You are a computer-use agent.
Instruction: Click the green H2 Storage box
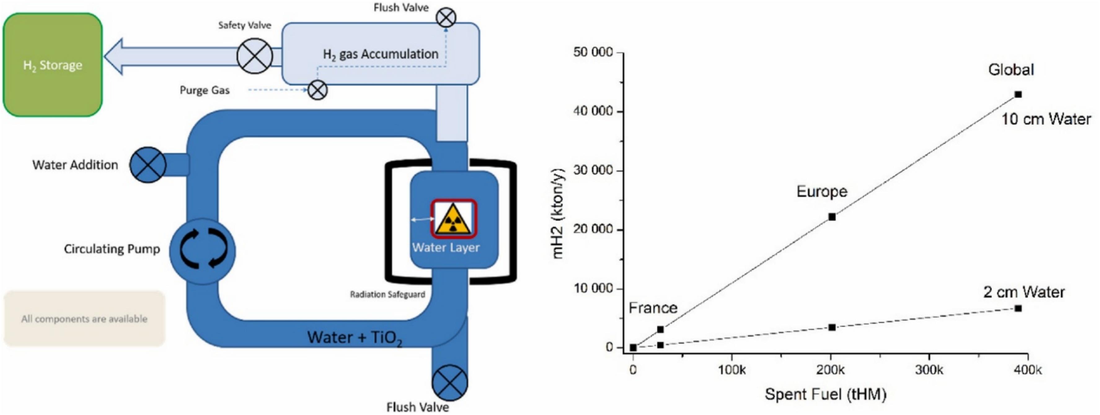pyautogui.click(x=52, y=65)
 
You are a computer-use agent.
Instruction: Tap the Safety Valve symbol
pyautogui.click(x=254, y=56)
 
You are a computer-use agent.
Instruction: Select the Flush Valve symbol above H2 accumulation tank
pyautogui.click(x=446, y=18)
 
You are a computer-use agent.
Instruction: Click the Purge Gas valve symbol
pyautogui.click(x=317, y=90)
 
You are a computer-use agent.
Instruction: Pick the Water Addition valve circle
pyautogui.click(x=148, y=165)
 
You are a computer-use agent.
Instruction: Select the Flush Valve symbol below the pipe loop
pyautogui.click(x=450, y=383)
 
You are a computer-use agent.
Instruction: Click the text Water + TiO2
pyautogui.click(x=355, y=337)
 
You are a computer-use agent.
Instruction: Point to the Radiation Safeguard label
pyautogui.click(x=387, y=294)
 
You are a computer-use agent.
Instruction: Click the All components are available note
pyautogui.click(x=84, y=319)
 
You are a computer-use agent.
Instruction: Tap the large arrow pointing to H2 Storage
pyautogui.click(x=171, y=56)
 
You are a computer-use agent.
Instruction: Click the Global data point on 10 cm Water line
pyautogui.click(x=1018, y=94)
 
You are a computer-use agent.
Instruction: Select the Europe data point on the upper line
pyautogui.click(x=832, y=217)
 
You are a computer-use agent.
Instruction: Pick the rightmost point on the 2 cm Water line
pyautogui.click(x=1018, y=308)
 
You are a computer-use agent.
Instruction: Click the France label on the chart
pyautogui.click(x=653, y=308)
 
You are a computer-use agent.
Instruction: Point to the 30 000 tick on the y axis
pyautogui.click(x=593, y=170)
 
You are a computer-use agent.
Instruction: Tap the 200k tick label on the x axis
pyautogui.click(x=830, y=370)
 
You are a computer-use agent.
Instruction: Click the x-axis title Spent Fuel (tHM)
pyautogui.click(x=825, y=394)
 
